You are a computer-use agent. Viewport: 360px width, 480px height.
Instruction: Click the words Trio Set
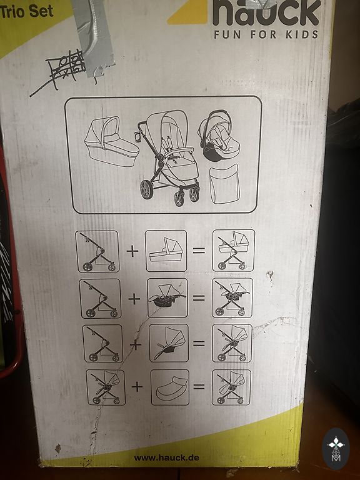[26, 11]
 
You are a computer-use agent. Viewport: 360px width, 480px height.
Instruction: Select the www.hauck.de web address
[166, 458]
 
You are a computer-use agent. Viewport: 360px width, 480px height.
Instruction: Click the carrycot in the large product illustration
[111, 141]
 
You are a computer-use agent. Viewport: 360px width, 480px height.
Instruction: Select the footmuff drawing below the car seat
[224, 184]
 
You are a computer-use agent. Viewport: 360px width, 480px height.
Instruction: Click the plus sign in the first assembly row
[132, 251]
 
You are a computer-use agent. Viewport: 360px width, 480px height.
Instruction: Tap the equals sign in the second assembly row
[199, 297]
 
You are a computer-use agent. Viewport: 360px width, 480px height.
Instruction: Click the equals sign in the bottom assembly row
[199, 387]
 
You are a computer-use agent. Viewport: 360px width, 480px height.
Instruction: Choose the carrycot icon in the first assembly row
[166, 251]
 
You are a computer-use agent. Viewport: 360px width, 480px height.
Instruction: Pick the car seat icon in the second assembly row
[167, 297]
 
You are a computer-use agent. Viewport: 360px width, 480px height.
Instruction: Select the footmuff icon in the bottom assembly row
[170, 387]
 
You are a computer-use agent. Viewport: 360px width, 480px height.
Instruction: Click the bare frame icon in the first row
[97, 251]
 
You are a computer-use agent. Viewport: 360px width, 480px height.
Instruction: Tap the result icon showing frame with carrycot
[234, 251]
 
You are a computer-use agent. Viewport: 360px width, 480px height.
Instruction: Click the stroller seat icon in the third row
[169, 343]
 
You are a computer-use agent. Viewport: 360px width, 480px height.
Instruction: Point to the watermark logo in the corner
[336, 449]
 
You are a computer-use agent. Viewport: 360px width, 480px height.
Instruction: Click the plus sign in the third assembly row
[136, 345]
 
